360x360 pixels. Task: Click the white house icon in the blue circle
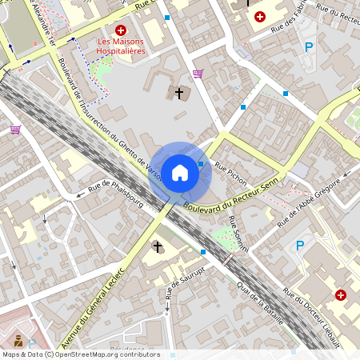180,173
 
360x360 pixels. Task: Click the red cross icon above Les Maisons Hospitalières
121,29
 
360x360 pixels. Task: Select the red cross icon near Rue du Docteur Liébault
341,295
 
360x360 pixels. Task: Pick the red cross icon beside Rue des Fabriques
260,16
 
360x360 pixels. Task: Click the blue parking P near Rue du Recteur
309,47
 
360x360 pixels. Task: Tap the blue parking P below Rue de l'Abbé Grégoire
300,246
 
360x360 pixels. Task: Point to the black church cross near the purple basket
179,94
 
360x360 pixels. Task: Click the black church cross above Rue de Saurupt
158,246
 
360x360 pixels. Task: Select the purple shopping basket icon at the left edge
15,129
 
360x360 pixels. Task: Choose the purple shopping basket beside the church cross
198,74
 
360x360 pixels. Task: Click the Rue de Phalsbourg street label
110,188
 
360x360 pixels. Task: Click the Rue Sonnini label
238,233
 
